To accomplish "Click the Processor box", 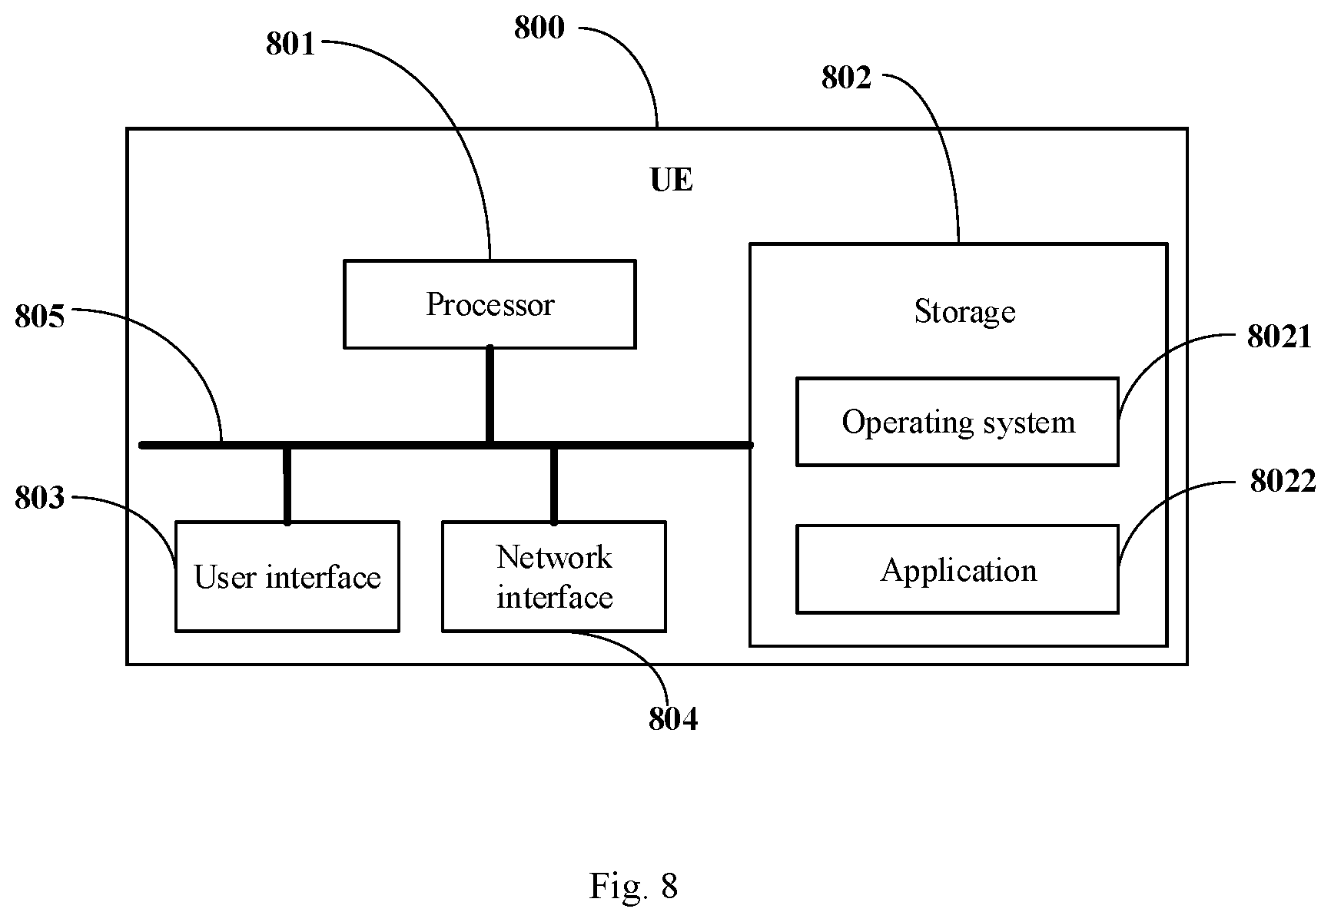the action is (x=490, y=304).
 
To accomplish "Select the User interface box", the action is (x=287, y=576).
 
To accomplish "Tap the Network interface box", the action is (x=554, y=576).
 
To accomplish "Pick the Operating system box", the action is (x=957, y=422).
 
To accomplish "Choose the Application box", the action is (x=957, y=569).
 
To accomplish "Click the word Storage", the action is (x=964, y=312).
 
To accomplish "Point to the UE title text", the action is (x=671, y=180).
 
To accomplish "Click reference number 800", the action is (x=539, y=28).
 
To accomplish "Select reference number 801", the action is (x=290, y=45).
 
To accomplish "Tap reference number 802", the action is (x=846, y=78).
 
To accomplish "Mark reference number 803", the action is (x=40, y=499).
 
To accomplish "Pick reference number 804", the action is (x=673, y=719).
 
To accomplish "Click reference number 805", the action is (x=40, y=317).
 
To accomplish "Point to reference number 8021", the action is (x=1279, y=337).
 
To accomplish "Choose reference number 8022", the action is (x=1283, y=482).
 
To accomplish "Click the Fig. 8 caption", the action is (x=634, y=886).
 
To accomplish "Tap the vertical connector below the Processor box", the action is (x=490, y=395).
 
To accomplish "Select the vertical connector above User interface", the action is (x=287, y=485).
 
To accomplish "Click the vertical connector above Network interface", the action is (x=554, y=485).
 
